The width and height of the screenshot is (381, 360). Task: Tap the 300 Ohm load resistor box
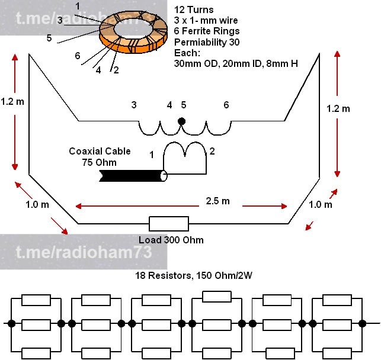pyautogui.click(x=169, y=224)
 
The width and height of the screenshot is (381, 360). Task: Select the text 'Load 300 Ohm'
pyautogui.click(x=171, y=240)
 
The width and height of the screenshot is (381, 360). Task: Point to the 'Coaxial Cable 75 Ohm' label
pyautogui.click(x=100, y=156)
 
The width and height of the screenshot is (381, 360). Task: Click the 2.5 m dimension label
pyautogui.click(x=217, y=201)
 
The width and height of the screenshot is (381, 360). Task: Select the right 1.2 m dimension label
pyautogui.click(x=338, y=108)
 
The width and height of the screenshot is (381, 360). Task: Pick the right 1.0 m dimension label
pyautogui.click(x=321, y=204)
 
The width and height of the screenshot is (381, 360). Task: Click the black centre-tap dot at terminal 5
pyautogui.click(x=182, y=121)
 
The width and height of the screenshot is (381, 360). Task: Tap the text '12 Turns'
pyautogui.click(x=193, y=10)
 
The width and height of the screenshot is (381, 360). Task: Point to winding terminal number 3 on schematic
pyautogui.click(x=134, y=105)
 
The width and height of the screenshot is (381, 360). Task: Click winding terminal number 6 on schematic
pyautogui.click(x=226, y=105)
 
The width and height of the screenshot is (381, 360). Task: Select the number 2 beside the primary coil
pyautogui.click(x=212, y=152)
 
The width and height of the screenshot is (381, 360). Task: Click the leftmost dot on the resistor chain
pyautogui.click(x=11, y=323)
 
